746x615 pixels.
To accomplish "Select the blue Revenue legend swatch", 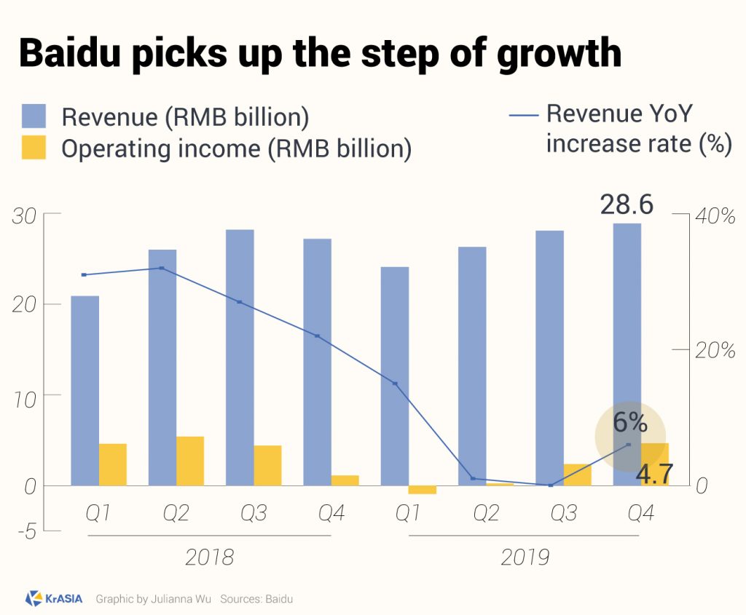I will (34, 116).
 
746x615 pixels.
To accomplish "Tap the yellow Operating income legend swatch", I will (34, 148).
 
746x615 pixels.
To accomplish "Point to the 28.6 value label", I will (627, 205).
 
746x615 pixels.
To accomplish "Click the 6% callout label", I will (629, 422).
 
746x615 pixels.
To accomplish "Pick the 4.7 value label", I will (655, 474).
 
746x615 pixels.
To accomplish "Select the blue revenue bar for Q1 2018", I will (85, 390).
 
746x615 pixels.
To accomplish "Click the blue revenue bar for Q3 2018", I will (240, 357).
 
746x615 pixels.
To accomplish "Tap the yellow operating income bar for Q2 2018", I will (190, 461).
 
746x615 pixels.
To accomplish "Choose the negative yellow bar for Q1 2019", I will (423, 489).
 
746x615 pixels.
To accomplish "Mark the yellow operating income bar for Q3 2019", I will (578, 475).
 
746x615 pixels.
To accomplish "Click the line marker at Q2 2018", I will (162, 269).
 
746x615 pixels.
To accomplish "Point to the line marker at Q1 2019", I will (395, 384).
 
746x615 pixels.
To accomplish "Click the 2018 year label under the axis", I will (209, 558).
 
